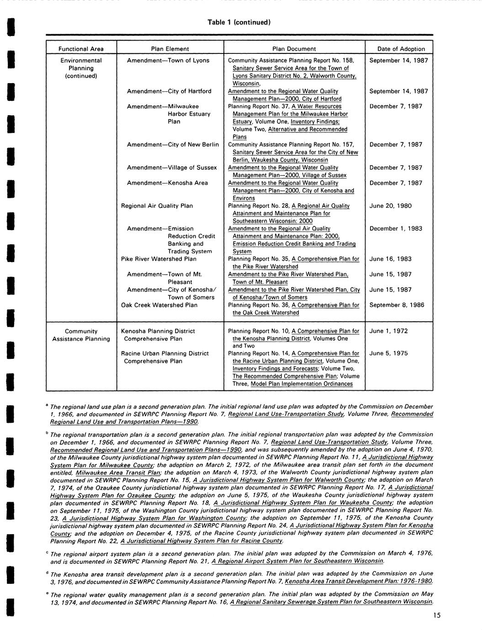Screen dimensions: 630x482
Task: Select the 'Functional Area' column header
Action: (81, 49)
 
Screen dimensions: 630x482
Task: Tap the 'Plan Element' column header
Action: (170, 49)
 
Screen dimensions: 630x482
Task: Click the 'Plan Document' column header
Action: (294, 49)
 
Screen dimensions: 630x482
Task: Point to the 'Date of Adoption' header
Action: (401, 49)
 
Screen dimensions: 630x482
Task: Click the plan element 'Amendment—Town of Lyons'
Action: (168, 60)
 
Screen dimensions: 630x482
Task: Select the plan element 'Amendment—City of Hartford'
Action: (169, 91)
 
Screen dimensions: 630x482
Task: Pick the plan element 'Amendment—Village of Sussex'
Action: (172, 168)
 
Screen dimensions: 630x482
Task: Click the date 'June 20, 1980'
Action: (390, 206)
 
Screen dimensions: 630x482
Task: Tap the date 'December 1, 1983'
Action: (396, 229)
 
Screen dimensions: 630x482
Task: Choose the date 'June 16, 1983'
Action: (390, 259)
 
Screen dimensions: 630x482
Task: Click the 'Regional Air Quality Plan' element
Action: (157, 206)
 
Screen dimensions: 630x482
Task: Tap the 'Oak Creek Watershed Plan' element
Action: (159, 305)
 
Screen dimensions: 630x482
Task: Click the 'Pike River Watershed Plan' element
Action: (159, 259)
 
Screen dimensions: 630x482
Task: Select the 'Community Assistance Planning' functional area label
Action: (81, 335)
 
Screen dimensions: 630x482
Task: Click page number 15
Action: (437, 616)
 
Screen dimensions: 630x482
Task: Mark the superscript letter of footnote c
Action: (47, 552)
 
